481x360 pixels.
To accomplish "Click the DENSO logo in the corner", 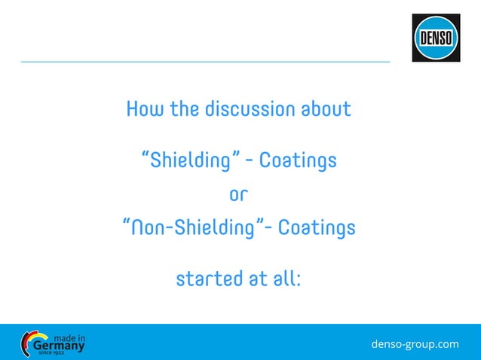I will pyautogui.click(x=436, y=38).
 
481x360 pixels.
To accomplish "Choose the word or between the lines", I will pyautogui.click(x=238, y=194).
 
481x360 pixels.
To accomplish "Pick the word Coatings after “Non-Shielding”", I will pyautogui.click(x=317, y=227).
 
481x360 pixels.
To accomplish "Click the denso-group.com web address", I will pyautogui.click(x=415, y=344).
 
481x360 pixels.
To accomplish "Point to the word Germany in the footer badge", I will pyautogui.click(x=59, y=346).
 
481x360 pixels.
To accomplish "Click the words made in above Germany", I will pyautogui.click(x=70, y=337).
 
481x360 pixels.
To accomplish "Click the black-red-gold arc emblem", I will pyautogui.click(x=26, y=343).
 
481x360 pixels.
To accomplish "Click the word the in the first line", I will pyautogui.click(x=184, y=109).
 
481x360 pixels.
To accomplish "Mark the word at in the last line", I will pyautogui.click(x=256, y=279).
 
